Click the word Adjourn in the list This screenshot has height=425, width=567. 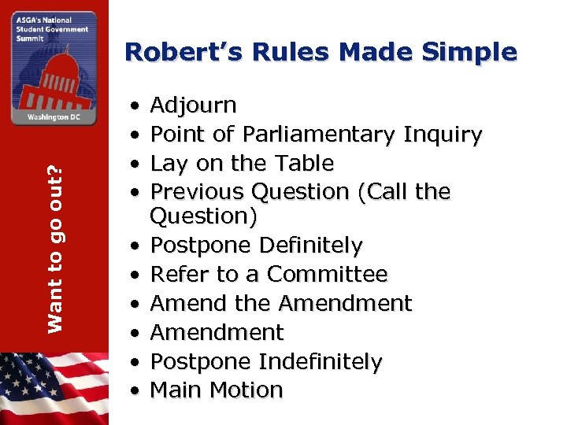193,105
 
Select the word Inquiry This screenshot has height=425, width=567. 442,135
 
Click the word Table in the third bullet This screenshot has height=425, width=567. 304,164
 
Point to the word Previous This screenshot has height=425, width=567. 199,192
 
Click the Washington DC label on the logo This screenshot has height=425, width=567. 54,115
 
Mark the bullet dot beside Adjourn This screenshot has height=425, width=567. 137,105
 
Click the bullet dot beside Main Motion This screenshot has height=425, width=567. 137,390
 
